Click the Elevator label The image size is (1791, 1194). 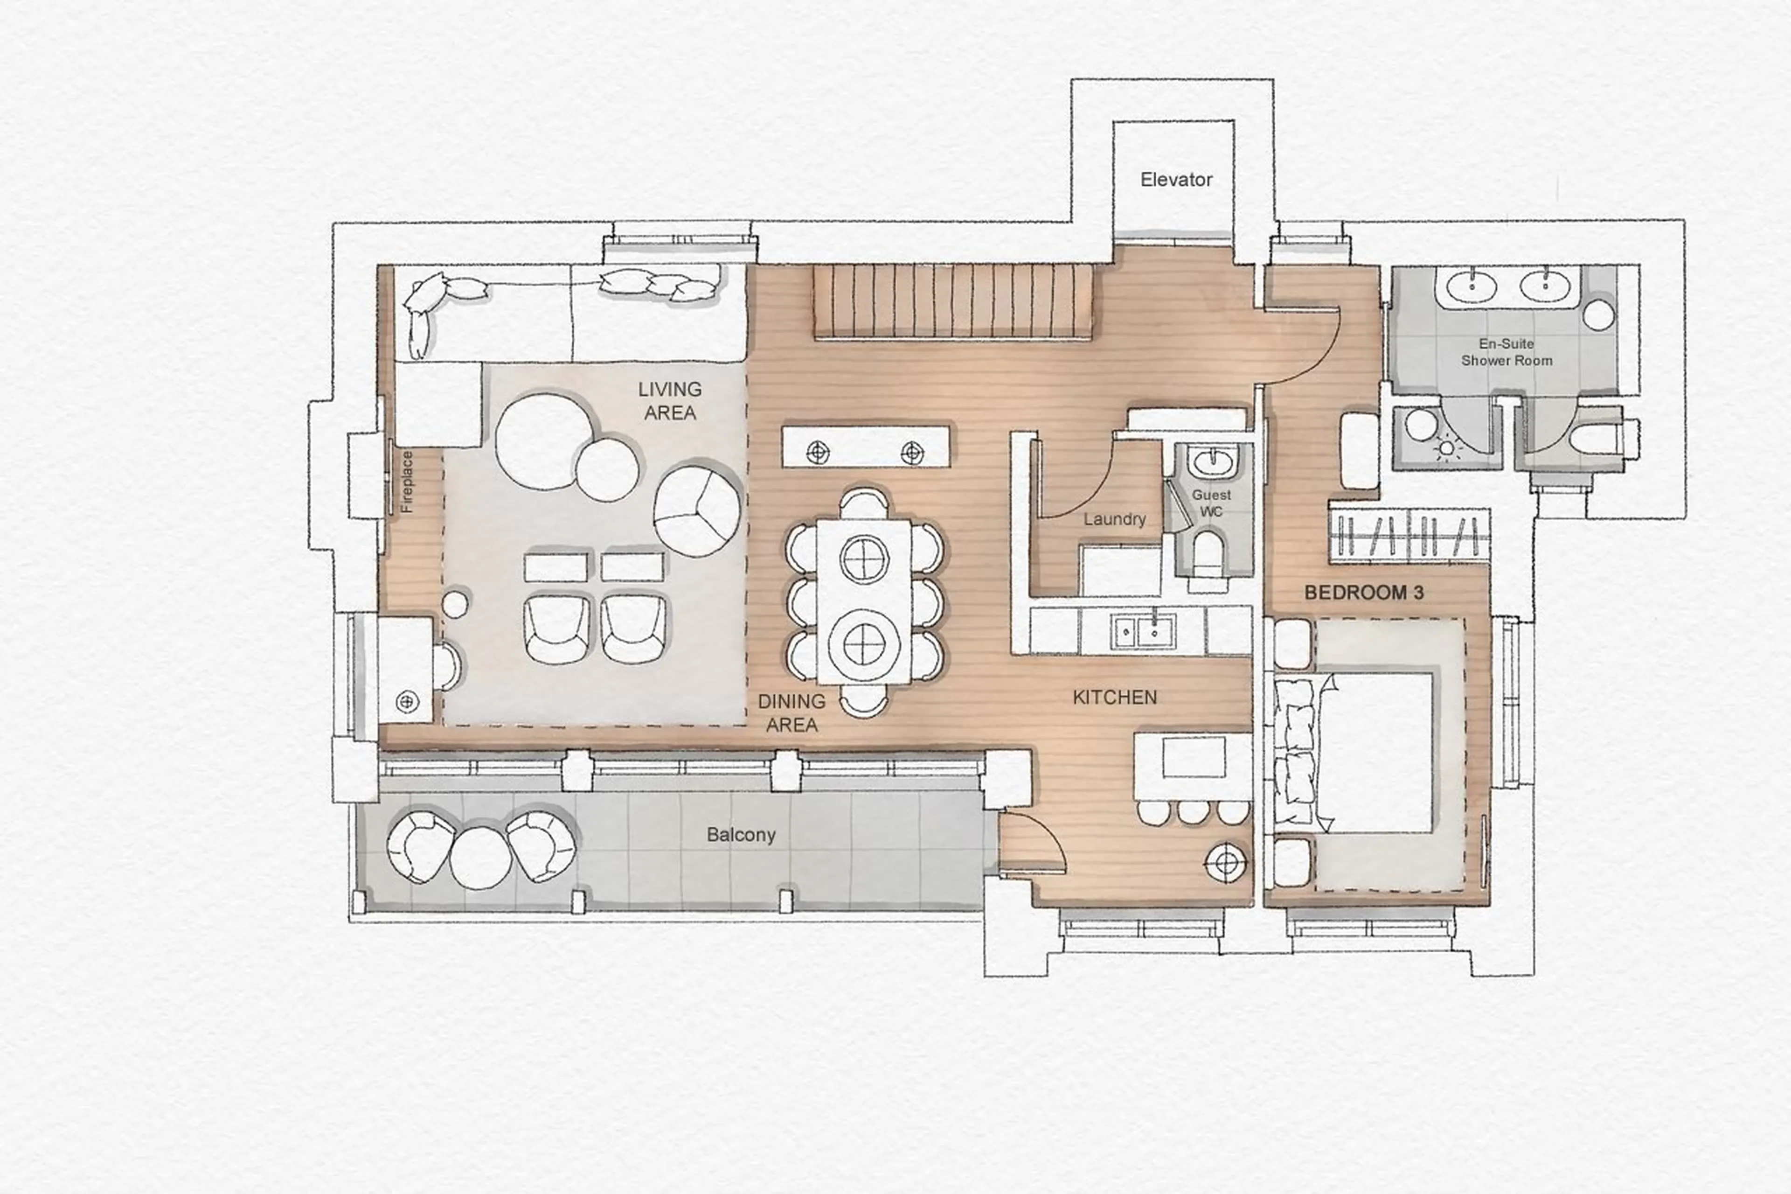1176,180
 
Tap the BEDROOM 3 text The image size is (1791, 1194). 1363,593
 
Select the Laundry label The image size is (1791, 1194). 1114,519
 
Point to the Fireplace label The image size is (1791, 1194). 407,481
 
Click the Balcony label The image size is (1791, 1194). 741,835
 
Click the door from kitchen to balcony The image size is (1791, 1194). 1031,841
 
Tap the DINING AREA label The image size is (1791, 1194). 791,713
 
